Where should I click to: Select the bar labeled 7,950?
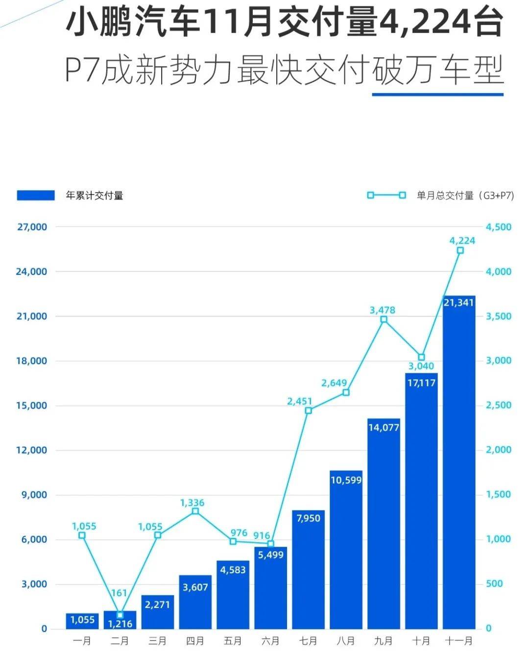pyautogui.click(x=308, y=571)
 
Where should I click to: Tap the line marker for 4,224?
pyautogui.click(x=460, y=250)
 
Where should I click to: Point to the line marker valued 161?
pyautogui.click(x=120, y=614)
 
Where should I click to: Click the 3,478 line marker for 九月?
pyautogui.click(x=384, y=319)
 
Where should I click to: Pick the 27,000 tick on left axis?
pyautogui.click(x=31, y=227)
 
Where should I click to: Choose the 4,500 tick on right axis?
pyautogui.click(x=498, y=227)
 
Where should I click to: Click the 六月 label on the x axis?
pyautogui.click(x=270, y=641)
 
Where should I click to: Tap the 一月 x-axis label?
pyautogui.click(x=82, y=641)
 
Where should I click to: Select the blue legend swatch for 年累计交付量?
pyautogui.click(x=36, y=195)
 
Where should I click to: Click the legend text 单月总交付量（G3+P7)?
pyautogui.click(x=465, y=195)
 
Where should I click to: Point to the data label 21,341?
pyautogui.click(x=458, y=303)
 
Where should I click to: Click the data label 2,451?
pyautogui.click(x=299, y=401)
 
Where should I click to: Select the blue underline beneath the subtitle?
pyautogui.click(x=437, y=94)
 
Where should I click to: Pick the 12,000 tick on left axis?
pyautogui.click(x=31, y=450)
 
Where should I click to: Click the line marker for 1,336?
pyautogui.click(x=195, y=511)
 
